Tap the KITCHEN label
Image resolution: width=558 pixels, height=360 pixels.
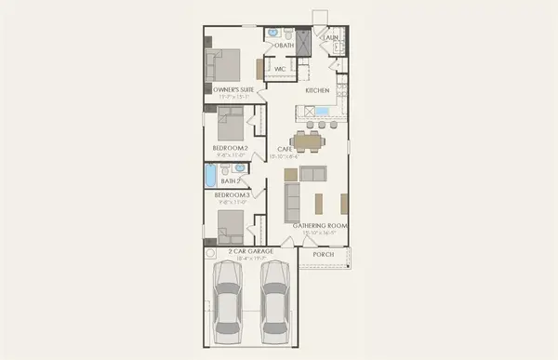pyautogui.click(x=319, y=90)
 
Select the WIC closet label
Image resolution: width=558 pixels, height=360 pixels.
pyautogui.click(x=280, y=69)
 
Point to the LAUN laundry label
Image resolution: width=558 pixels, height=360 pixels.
pyautogui.click(x=329, y=37)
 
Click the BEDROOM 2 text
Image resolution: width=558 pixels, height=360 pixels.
pyautogui.click(x=229, y=148)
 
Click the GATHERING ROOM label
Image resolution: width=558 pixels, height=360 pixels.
pyautogui.click(x=321, y=225)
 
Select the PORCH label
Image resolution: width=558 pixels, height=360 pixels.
pyautogui.click(x=323, y=254)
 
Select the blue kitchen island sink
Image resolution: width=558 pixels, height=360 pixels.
pyautogui.click(x=322, y=112)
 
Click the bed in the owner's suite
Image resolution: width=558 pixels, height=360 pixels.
pyautogui.click(x=229, y=65)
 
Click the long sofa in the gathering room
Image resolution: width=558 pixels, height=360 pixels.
pyautogui.click(x=292, y=201)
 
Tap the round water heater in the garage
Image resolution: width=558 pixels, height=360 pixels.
pyautogui.click(x=212, y=252)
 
